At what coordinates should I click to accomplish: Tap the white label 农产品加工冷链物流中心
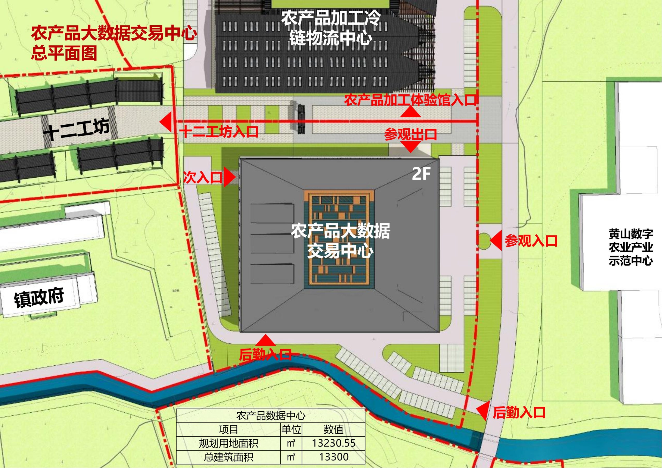tap(331, 28)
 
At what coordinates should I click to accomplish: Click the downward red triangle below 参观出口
tap(411, 148)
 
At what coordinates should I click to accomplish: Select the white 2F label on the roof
tap(421, 173)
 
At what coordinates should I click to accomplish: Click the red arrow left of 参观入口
tap(496, 241)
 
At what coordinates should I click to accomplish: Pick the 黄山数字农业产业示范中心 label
tap(630, 247)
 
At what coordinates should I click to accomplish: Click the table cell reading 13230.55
tap(334, 443)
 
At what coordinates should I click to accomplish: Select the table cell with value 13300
tap(334, 457)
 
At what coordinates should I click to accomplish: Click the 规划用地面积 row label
tap(228, 443)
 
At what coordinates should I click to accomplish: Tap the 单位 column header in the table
tap(291, 430)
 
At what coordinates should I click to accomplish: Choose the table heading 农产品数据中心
tap(270, 416)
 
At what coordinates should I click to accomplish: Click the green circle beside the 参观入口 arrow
tap(484, 240)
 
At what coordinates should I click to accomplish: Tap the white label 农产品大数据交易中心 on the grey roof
tap(340, 241)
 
